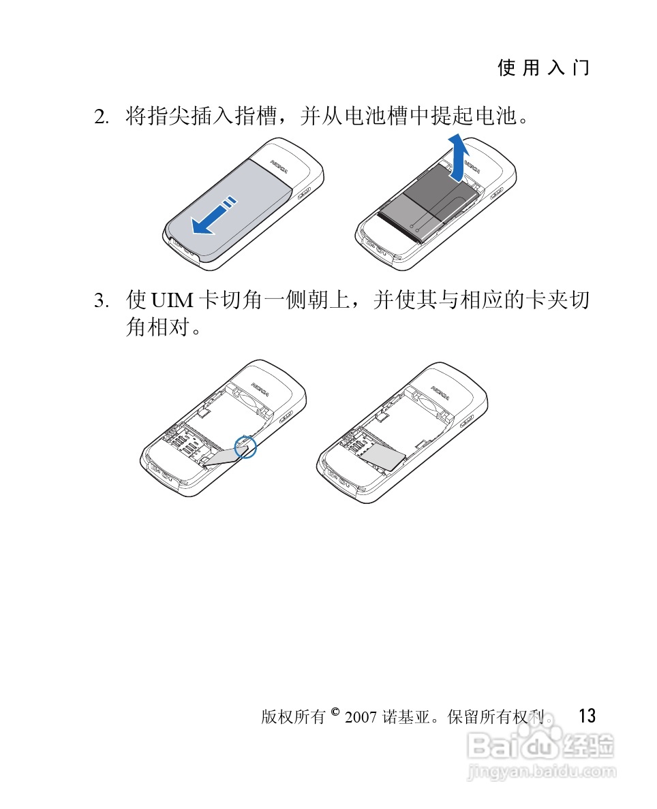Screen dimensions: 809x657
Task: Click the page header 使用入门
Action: tap(543, 67)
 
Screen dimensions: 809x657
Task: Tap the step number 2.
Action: tap(100, 117)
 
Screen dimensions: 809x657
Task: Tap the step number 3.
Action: tap(100, 300)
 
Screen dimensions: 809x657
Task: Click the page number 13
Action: tap(586, 716)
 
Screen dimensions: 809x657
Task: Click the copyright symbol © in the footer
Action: tap(335, 713)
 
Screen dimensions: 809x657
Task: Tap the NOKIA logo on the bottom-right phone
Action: tap(440, 393)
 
